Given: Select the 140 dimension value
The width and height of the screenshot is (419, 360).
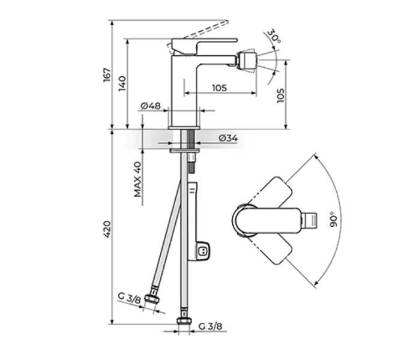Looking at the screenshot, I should click(x=123, y=83).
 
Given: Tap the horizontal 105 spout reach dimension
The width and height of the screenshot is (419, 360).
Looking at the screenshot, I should click(x=219, y=88).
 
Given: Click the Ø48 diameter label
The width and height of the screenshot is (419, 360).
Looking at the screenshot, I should click(x=150, y=106).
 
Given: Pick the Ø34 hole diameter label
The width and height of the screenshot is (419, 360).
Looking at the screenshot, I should click(x=228, y=138).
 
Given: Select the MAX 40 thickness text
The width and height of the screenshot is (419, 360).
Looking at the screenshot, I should click(x=137, y=179).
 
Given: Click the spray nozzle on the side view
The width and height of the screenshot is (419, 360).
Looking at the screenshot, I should click(x=248, y=61).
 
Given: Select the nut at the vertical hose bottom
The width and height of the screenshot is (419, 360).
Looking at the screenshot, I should click(x=184, y=323).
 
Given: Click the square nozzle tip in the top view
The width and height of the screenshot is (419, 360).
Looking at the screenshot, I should click(x=310, y=220).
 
